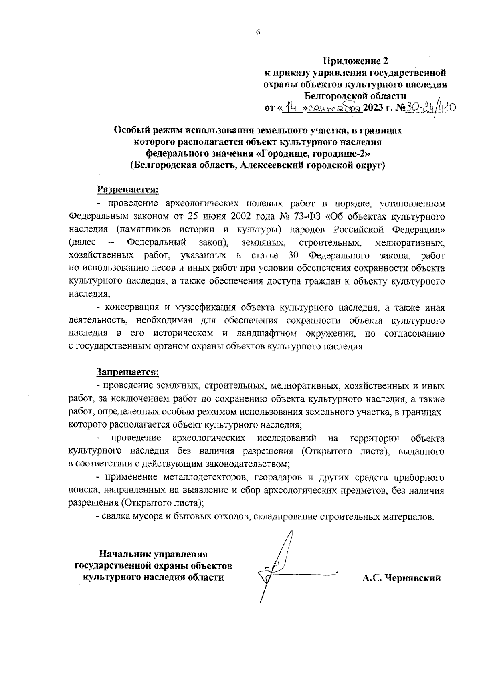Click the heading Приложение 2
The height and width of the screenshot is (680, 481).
[356, 62]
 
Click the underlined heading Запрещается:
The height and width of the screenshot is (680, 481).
[127, 372]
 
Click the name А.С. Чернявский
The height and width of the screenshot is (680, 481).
[401, 578]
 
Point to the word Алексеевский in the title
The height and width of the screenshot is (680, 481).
[271, 166]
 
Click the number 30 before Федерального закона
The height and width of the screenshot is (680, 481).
[293, 255]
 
